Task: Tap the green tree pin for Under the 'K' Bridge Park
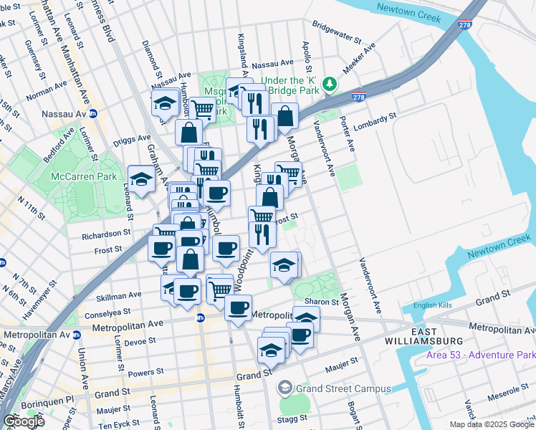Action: pyautogui.click(x=330, y=85)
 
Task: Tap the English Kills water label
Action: pyautogui.click(x=434, y=305)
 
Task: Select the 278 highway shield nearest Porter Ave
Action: pyautogui.click(x=359, y=97)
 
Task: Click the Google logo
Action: pyautogui.click(x=24, y=421)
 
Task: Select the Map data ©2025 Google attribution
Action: pyautogui.click(x=492, y=424)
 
